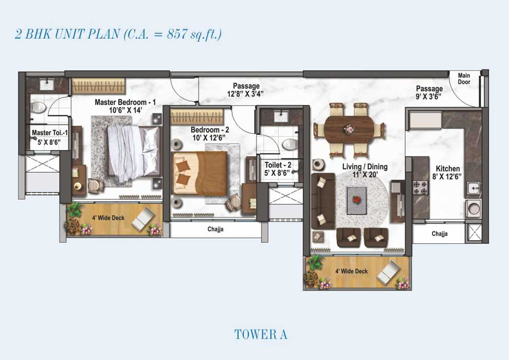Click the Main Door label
[x=464, y=79]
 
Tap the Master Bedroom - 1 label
[x=125, y=102]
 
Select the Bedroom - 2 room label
[x=210, y=130]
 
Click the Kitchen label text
[x=448, y=169]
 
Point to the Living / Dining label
[x=365, y=167]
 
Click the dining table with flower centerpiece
[x=349, y=129]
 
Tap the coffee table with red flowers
[x=357, y=200]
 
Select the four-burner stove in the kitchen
[x=421, y=188]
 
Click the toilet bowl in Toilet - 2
[x=289, y=144]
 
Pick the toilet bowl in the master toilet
[x=39, y=107]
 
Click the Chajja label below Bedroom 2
[x=215, y=229]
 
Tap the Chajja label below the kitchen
[x=440, y=233]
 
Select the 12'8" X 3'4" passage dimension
[x=245, y=94]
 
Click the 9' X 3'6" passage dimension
[x=429, y=96]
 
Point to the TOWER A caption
[x=261, y=335]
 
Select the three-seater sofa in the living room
[x=323, y=201]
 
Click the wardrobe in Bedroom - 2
[x=197, y=116]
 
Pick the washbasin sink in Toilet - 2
[x=279, y=116]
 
